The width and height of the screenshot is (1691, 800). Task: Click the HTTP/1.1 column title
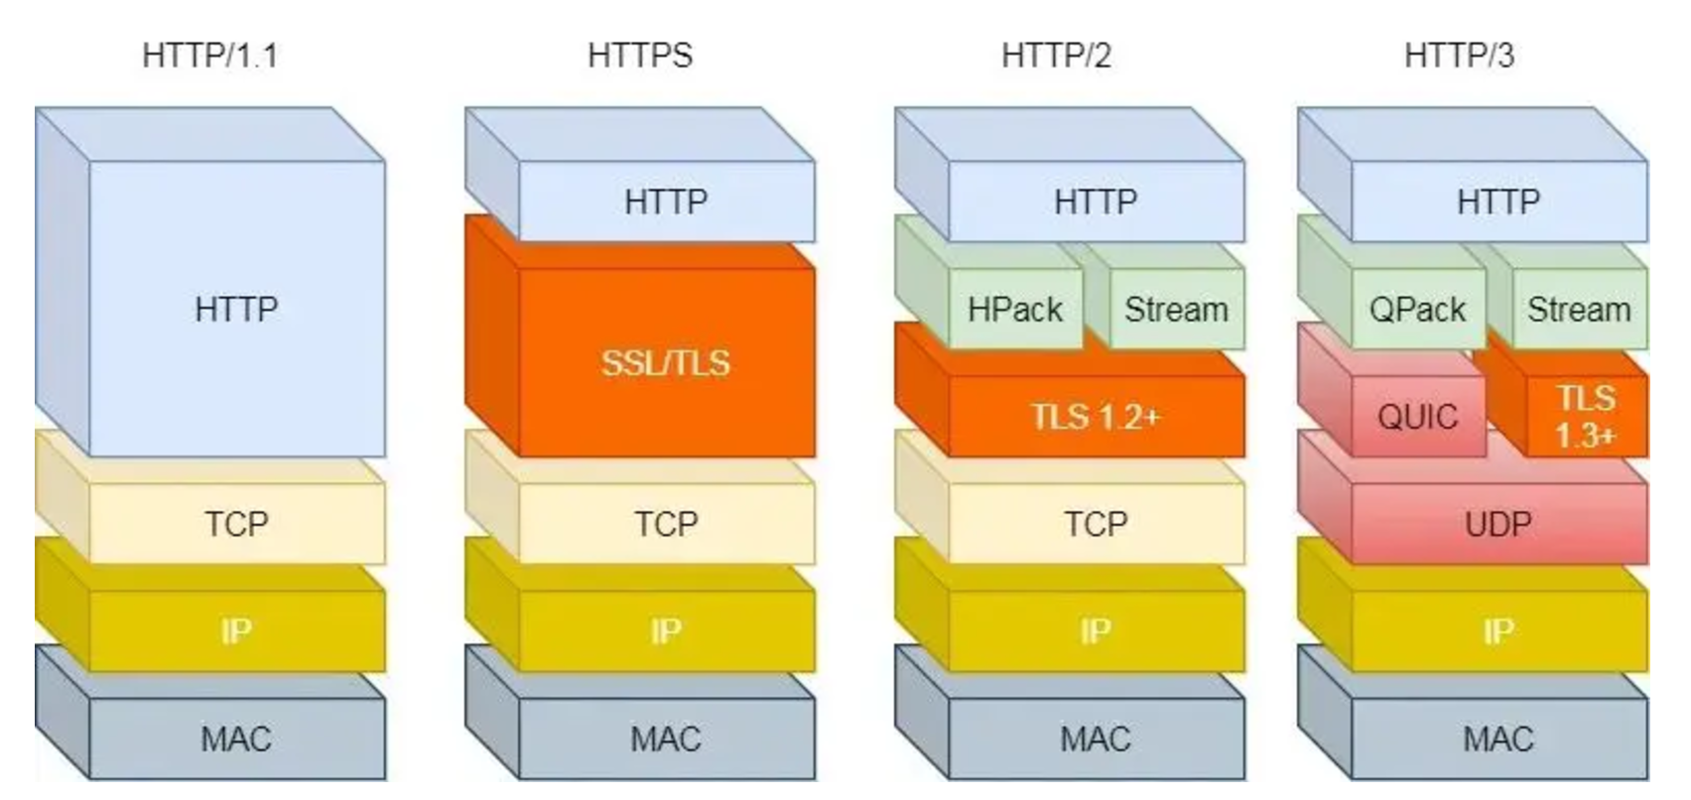point(209,55)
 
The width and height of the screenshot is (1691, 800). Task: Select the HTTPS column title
point(639,55)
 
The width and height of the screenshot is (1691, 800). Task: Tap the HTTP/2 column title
point(1056,55)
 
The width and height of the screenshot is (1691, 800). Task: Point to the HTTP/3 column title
point(1459,55)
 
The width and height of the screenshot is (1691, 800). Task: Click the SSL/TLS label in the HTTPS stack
point(665,362)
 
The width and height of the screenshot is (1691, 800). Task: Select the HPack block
point(1014,310)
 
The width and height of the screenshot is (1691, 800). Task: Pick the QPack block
point(1417,310)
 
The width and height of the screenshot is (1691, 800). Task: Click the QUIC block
point(1417,416)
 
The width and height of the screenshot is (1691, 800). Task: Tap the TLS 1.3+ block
point(1585,416)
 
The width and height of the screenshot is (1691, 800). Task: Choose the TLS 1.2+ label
point(1095,416)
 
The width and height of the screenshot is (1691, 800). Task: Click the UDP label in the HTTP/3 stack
point(1497,523)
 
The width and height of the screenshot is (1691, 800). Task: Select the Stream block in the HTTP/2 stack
point(1176,310)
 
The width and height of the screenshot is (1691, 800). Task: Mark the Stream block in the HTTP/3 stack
point(1578,310)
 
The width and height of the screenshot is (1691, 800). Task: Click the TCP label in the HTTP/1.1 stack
point(236,523)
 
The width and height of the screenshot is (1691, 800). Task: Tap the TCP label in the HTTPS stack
point(666,523)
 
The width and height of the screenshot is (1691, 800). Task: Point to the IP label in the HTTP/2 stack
point(1095,631)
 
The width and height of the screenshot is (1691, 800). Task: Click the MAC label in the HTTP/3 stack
point(1497,738)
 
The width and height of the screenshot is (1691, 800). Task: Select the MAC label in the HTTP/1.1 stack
point(236,738)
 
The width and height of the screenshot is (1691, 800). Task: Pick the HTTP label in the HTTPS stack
point(666,201)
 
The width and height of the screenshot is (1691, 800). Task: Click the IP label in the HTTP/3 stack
point(1497,631)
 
